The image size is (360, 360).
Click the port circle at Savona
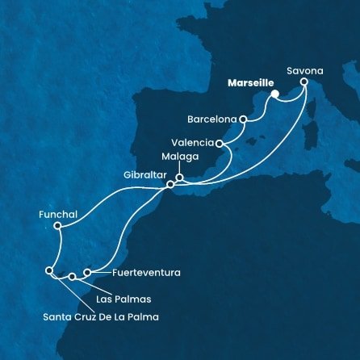(x=304, y=82)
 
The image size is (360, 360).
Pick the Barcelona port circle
(x=242, y=119)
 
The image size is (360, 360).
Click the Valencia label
(x=193, y=142)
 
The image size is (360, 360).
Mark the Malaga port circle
(x=180, y=178)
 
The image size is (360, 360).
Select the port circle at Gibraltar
(x=170, y=185)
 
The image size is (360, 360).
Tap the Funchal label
(x=57, y=215)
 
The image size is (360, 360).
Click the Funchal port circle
(x=57, y=227)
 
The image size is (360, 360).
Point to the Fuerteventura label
(x=136, y=273)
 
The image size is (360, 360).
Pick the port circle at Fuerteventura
(x=88, y=273)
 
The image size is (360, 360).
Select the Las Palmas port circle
(x=72, y=277)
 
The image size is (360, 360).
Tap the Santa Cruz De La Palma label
(x=100, y=316)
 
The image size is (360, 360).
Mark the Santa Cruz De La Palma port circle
(x=50, y=271)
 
